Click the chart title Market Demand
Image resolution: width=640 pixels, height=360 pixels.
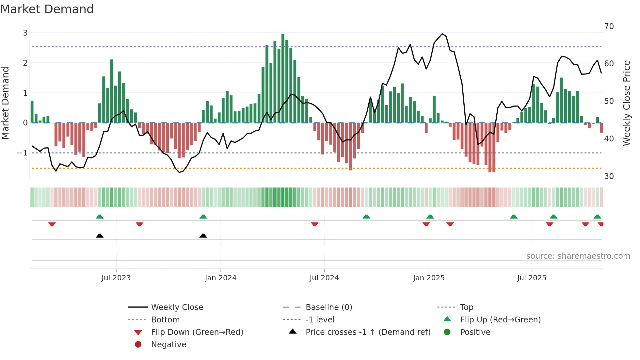pos(47,9)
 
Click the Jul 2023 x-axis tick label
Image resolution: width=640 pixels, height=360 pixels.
pos(116,278)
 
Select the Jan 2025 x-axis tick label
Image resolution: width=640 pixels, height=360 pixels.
pos(428,278)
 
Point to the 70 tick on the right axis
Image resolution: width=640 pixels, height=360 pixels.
pos(609,26)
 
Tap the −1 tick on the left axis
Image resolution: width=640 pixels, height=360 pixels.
pos(22,153)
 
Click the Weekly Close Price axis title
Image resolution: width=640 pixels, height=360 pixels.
pos(626,103)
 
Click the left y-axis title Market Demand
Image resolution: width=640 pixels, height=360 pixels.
pos(6,103)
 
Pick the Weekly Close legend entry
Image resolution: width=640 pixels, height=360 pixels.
pos(177,307)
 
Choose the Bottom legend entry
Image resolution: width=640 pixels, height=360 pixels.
pos(165,319)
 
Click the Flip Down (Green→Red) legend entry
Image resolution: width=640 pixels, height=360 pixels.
pos(197,332)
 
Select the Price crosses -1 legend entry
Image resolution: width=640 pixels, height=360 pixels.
pos(368,332)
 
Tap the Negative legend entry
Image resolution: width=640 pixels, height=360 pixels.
pos(168,344)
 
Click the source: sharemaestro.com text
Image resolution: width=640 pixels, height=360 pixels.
pos(578,256)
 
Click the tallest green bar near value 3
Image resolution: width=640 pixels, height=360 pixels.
pos(283,78)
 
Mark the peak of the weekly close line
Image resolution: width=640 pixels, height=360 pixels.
pos(442,34)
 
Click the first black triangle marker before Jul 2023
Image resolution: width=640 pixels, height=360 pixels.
pos(100,236)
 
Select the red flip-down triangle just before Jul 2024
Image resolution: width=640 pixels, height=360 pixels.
pos(314,224)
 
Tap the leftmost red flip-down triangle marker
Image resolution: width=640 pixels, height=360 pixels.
pos(52,224)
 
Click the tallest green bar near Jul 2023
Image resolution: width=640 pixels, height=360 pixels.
pos(112,91)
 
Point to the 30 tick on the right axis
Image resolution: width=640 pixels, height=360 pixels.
pos(609,176)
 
